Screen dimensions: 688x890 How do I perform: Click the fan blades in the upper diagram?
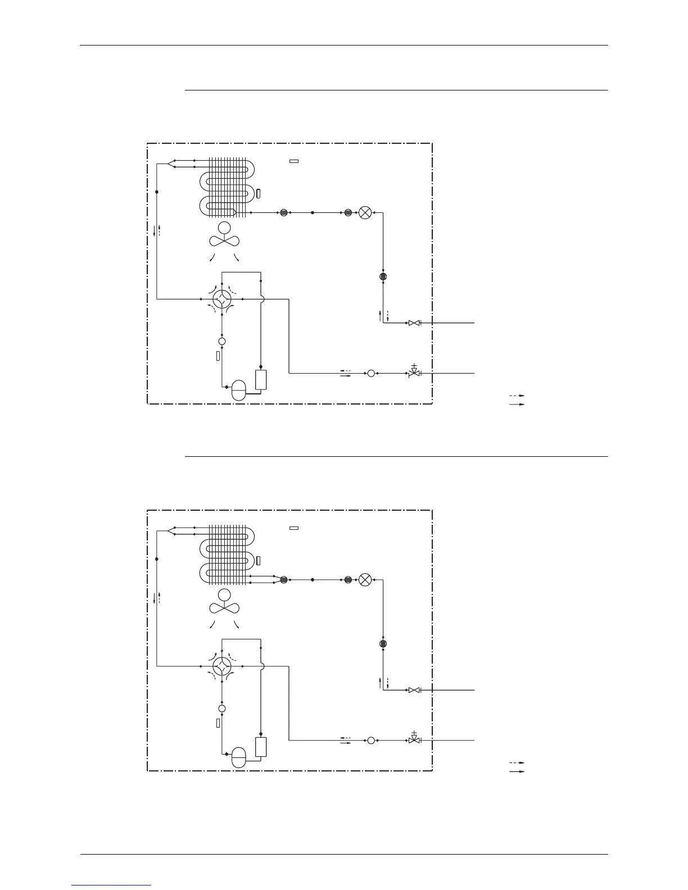pos(224,241)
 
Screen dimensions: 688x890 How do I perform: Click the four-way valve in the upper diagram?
pos(223,299)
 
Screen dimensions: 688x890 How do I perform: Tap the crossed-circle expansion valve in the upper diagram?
pos(365,213)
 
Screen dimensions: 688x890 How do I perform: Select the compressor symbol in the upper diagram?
pos(239,388)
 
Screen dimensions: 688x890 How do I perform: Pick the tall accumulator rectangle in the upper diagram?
pos(261,380)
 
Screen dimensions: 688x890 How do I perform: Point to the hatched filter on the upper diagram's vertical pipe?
pos(383,276)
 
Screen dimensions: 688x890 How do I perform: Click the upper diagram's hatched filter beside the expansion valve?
pos(348,213)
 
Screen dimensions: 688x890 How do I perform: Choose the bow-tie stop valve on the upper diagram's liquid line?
pos(414,323)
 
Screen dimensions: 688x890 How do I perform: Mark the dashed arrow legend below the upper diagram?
pos(517,396)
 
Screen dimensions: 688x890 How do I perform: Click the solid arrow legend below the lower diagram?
pos(517,771)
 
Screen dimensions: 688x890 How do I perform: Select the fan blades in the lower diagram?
pos(224,608)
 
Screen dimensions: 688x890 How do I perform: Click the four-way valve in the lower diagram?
pos(223,666)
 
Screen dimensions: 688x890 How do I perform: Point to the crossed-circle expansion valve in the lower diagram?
pos(365,579)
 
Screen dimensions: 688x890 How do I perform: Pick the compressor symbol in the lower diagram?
pos(239,756)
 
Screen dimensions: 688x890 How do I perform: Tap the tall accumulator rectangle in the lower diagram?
pos(261,747)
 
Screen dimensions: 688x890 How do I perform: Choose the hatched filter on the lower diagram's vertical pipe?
pos(383,643)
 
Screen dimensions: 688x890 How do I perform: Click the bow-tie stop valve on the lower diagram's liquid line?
pos(414,690)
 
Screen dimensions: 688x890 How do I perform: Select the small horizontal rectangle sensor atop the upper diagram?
pos(293,162)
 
